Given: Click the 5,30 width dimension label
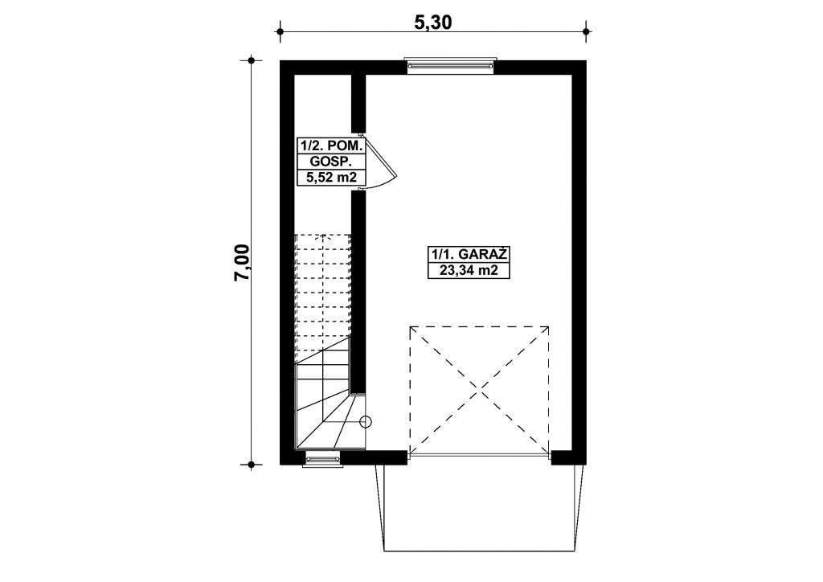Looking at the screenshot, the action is click(433, 22).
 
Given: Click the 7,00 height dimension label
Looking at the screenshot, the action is click(243, 262).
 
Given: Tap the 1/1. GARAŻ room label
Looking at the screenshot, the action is click(469, 255).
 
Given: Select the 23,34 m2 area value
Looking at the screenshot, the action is click(469, 271).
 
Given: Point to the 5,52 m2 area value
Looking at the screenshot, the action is click(330, 178).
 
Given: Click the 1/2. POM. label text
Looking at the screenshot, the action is click(330, 145).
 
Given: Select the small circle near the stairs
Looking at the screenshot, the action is click(366, 421).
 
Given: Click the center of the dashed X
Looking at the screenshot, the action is click(480, 389).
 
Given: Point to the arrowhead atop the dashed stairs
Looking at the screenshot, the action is click(322, 237).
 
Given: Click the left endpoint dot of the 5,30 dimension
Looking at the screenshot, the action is click(280, 31).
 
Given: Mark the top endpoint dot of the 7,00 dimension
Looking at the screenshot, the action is click(252, 61).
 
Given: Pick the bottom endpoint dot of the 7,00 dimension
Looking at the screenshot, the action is click(252, 465).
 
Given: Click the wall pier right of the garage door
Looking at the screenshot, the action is click(568, 457).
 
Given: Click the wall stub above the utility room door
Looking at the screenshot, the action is click(358, 104).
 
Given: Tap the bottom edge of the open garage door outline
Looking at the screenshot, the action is click(484, 551).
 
